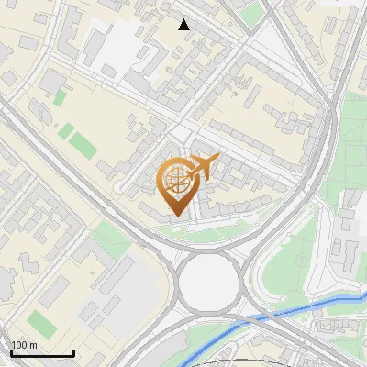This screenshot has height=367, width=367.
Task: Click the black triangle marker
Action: [183, 25]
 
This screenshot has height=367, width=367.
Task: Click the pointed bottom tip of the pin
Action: [175, 216]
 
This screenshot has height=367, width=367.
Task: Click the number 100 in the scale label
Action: [19, 346]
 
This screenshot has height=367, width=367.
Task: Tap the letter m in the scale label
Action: [33, 346]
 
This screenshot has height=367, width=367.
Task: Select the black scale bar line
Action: [42, 354]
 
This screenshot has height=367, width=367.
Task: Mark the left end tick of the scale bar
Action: [11, 352]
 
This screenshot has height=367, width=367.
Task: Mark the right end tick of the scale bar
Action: [73, 352]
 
